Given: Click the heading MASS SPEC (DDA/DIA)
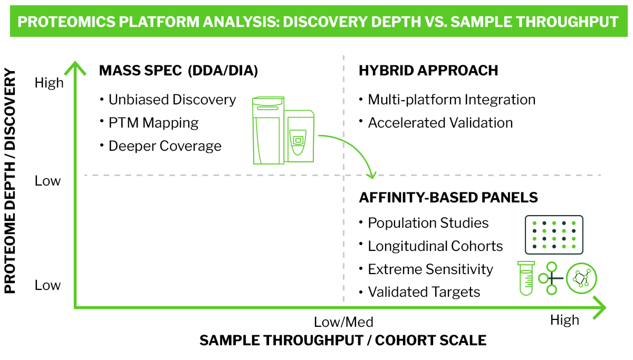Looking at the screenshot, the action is (178, 71).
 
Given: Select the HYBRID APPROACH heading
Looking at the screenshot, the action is (428, 71).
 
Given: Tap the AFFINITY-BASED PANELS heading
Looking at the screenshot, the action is (448, 197).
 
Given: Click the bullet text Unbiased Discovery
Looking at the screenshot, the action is (172, 100).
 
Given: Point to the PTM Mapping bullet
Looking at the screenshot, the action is (154, 123).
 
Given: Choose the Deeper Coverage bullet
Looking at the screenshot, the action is (165, 146).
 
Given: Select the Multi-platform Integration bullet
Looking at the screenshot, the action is (452, 100).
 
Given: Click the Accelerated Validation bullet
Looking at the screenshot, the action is (440, 123).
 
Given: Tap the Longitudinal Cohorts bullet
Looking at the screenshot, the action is (435, 246).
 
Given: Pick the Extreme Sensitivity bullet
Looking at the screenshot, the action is (430, 269).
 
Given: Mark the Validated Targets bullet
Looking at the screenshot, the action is (424, 292).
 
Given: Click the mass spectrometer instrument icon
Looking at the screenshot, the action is (283, 130).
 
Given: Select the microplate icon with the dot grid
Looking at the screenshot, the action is (554, 235).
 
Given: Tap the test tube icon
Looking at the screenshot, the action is (526, 278).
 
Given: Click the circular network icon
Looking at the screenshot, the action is (581, 278).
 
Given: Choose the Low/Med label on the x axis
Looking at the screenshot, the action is (343, 322).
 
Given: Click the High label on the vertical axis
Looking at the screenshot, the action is (49, 83).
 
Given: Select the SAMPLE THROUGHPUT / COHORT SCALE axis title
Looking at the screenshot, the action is (343, 340).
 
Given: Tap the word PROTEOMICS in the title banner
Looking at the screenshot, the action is (66, 22).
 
